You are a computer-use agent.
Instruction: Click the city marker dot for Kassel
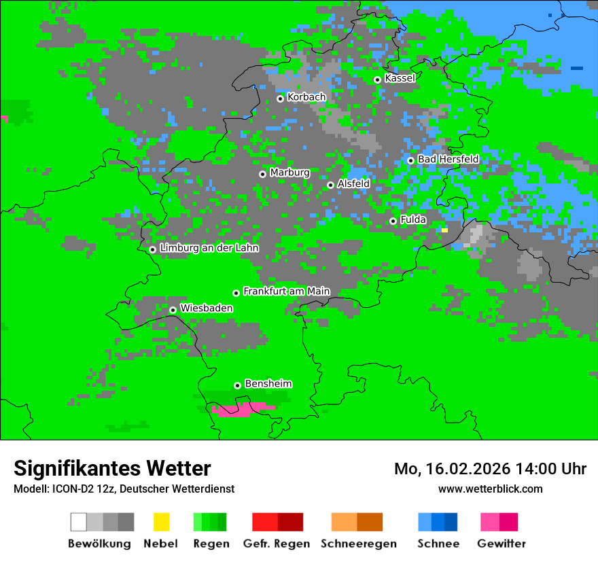tap(377, 80)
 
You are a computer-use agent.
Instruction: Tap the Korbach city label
tap(306, 97)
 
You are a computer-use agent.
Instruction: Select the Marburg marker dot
tap(262, 174)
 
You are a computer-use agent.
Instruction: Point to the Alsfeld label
tap(353, 183)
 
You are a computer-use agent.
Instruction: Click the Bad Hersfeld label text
tap(448, 159)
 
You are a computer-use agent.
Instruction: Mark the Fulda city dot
tap(393, 221)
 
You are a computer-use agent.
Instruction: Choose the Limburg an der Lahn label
tap(209, 248)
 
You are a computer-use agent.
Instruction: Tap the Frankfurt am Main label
tap(286, 291)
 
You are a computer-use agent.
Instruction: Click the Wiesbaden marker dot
tap(173, 310)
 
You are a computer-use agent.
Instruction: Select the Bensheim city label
tap(268, 384)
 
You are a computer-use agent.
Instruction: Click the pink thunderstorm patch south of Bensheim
tap(234, 410)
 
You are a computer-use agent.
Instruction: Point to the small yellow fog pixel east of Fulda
tap(444, 230)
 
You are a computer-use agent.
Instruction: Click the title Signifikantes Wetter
tap(112, 468)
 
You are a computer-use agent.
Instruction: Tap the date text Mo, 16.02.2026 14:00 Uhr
tap(490, 469)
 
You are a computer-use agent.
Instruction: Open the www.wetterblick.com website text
tap(490, 489)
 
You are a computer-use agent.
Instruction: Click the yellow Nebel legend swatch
tap(161, 522)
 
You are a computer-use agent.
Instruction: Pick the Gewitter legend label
tap(501, 544)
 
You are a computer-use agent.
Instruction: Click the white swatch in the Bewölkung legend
tap(79, 522)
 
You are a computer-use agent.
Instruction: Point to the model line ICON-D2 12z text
tap(124, 489)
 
